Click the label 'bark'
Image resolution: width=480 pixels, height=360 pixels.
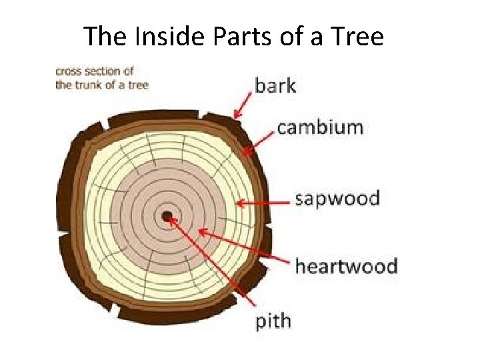(275, 85)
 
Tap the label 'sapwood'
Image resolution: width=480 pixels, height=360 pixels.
(337, 199)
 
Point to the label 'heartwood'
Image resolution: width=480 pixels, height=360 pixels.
(346, 267)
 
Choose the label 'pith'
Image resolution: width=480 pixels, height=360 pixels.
(274, 321)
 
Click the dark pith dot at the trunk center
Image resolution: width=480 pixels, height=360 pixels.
(166, 215)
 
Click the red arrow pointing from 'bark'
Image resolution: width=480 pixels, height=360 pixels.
(243, 105)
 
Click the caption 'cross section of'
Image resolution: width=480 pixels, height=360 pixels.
(95, 71)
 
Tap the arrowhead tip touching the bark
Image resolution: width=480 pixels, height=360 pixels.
(235, 117)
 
